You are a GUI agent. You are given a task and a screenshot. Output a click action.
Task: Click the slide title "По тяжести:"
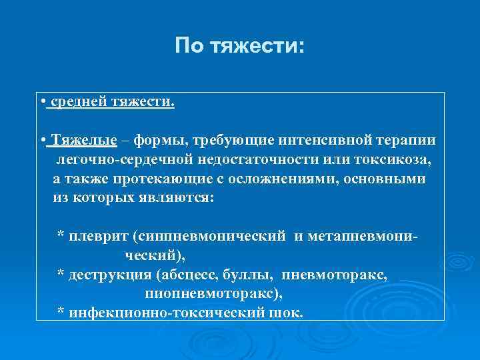tap(239, 46)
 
